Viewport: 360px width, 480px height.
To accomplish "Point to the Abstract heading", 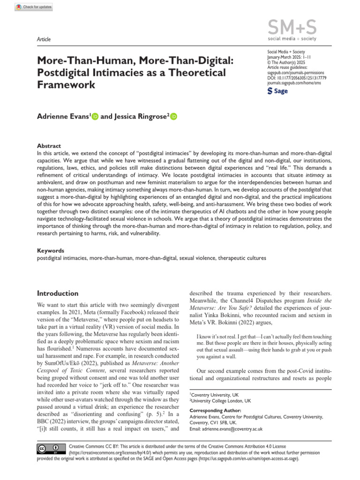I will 49,146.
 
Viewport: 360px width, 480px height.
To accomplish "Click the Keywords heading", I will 51,251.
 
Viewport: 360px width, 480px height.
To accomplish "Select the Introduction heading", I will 58,293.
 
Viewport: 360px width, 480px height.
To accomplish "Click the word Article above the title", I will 44,39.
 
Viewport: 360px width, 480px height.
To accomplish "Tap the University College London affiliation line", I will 220,401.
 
